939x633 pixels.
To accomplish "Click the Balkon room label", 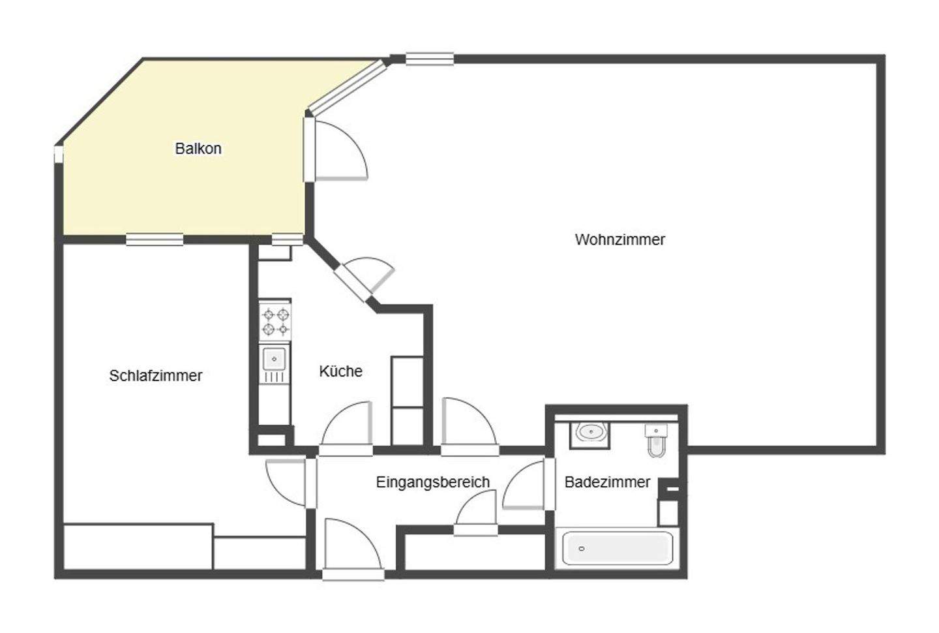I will click(198, 149).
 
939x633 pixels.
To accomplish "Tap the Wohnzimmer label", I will click(619, 239).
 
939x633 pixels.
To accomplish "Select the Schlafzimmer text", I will click(155, 376).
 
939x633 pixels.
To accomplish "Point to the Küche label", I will click(340, 371).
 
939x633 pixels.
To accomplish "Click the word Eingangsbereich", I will click(432, 482).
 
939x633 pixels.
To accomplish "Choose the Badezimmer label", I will click(607, 482).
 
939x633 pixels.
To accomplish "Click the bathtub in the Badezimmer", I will click(617, 548).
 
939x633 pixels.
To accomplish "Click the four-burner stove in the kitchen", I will click(275, 321).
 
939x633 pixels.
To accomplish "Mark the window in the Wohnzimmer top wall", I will click(430, 59).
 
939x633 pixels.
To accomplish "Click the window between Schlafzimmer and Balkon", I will click(155, 239).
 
